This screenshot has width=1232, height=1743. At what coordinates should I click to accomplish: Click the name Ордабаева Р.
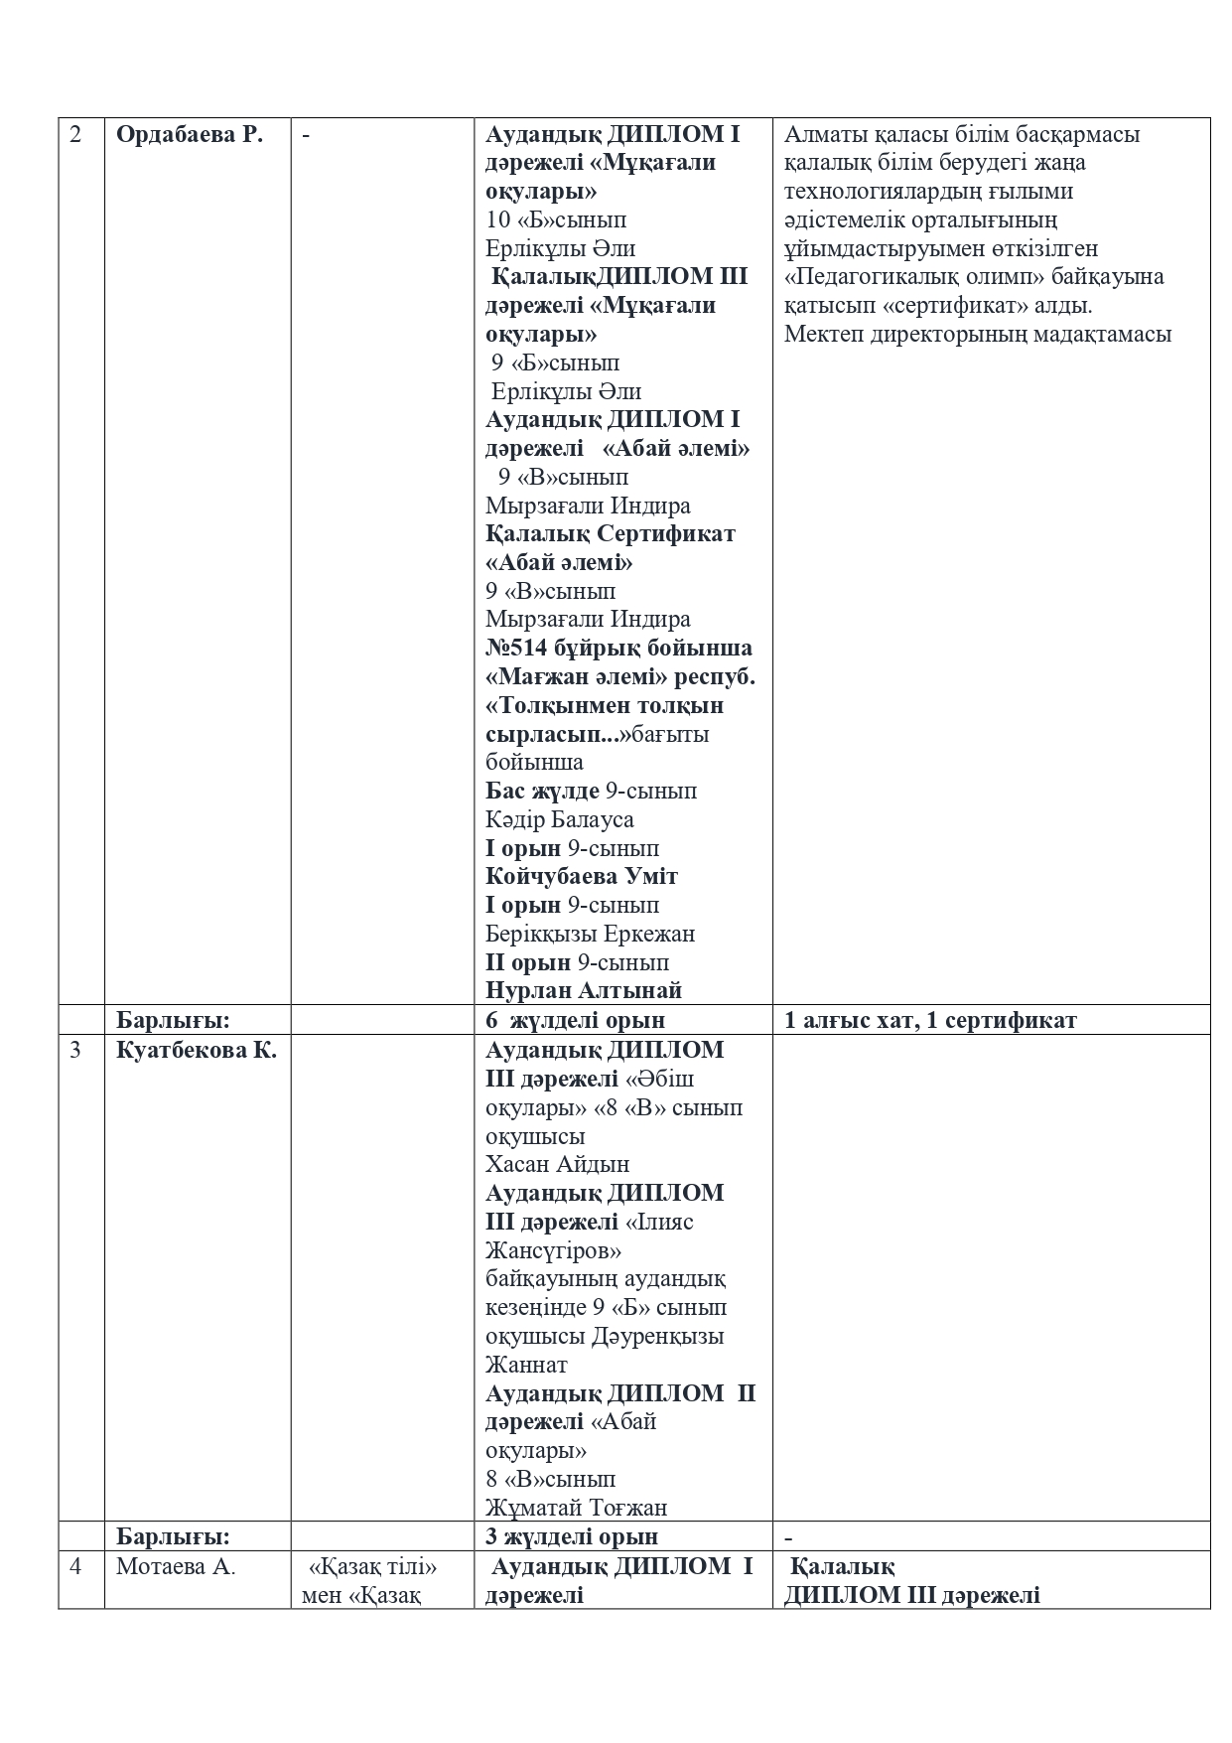pos(190,135)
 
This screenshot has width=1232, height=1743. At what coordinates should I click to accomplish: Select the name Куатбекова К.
pos(196,1050)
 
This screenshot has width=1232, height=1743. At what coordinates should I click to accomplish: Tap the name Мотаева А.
pos(176,1567)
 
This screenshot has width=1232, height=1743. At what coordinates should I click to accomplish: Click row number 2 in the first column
pos(76,135)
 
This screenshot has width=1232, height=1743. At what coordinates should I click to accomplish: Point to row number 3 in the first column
pos(76,1050)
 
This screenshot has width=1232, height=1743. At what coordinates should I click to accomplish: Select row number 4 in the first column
pos(76,1567)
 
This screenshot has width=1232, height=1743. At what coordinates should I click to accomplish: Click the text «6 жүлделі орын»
pos(575,1020)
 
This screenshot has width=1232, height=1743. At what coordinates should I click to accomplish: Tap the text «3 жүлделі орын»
pos(572,1536)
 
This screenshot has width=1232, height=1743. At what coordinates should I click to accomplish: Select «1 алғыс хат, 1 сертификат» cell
pos(930,1020)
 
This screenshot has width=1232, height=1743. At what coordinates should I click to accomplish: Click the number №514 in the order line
pos(516,649)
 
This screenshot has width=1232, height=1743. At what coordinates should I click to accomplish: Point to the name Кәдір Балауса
pos(559,820)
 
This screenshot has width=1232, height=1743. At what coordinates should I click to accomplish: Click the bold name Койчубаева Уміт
pos(582,877)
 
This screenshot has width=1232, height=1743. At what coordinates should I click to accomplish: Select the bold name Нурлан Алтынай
pos(583,990)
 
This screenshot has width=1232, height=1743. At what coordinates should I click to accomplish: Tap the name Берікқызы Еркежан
pos(590,935)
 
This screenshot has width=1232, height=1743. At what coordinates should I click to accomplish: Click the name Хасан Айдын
pos(557,1164)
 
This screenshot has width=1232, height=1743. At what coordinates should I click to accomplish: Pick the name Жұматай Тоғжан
pos(576,1508)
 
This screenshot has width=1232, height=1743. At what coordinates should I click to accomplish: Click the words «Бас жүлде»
pos(542,792)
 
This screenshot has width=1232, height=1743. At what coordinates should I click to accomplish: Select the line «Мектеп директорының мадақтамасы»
pos(978,334)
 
